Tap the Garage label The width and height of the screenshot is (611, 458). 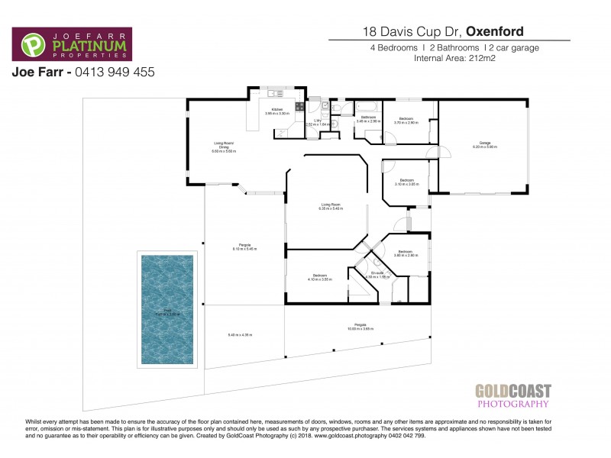484,143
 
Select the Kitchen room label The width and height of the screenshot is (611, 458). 277,110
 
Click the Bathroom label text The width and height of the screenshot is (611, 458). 367,117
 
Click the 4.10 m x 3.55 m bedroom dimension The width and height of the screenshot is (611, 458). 319,279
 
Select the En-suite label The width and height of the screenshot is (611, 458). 377,273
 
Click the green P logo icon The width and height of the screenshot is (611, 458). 31,46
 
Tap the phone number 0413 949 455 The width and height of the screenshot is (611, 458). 114,73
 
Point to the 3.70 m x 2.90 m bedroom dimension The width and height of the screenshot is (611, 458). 406,122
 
